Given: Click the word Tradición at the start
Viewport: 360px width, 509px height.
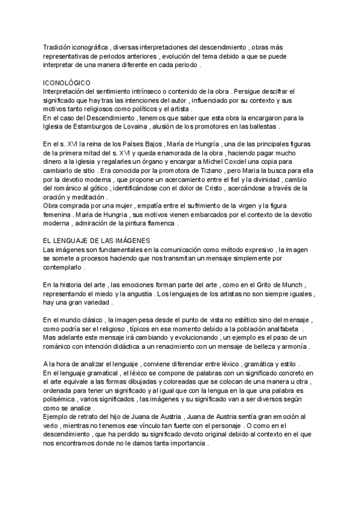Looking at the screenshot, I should tap(58, 47).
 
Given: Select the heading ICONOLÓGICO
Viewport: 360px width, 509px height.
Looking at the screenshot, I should tap(67, 82).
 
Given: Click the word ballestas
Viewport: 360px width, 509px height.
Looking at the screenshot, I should tap(262, 127).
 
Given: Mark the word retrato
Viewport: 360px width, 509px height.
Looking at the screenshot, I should tap(93, 417).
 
